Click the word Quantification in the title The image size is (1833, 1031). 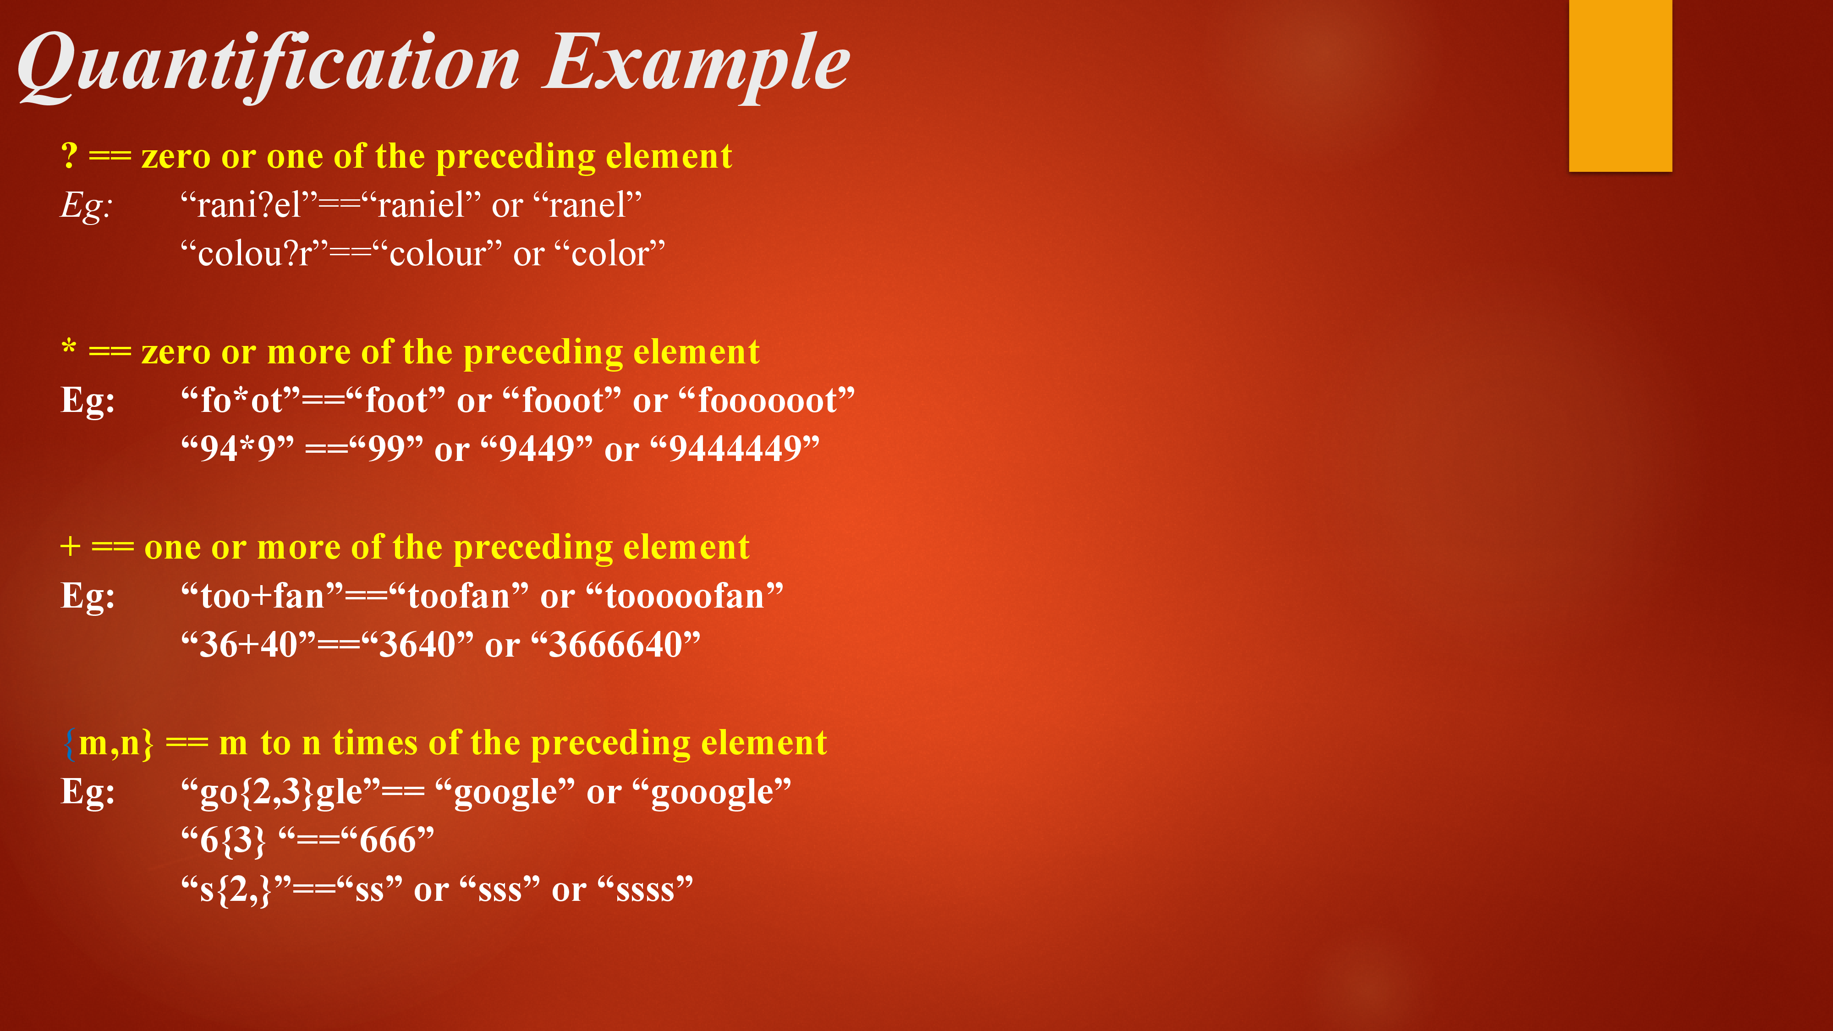tap(269, 66)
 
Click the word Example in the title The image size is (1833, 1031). tap(697, 66)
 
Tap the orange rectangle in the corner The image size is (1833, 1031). tap(1620, 85)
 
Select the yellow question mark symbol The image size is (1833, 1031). tap(69, 155)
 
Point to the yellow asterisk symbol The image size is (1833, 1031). tap(69, 347)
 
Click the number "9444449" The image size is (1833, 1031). tap(734, 449)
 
